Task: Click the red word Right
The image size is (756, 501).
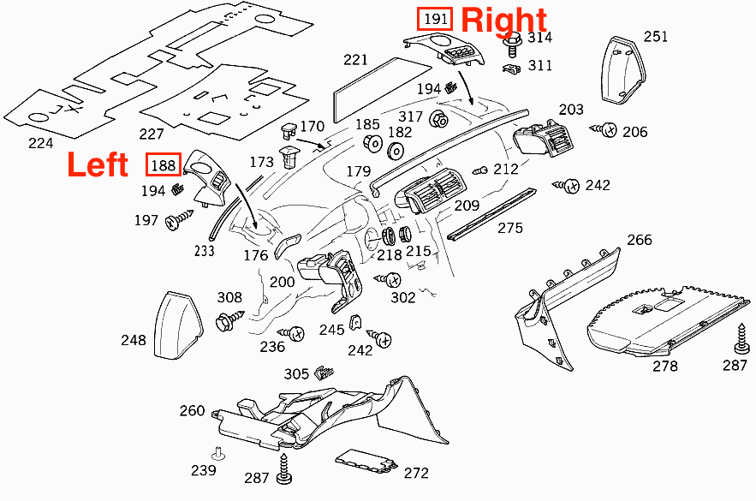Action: tap(503, 19)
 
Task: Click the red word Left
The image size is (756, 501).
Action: tap(98, 164)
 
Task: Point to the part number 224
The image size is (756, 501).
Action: tap(40, 142)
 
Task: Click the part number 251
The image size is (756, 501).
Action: tap(656, 37)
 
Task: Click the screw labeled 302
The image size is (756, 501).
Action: tap(393, 280)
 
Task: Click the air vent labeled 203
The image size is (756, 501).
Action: tap(542, 137)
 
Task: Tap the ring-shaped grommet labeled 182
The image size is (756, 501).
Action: tap(396, 152)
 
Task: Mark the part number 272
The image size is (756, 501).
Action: tap(416, 472)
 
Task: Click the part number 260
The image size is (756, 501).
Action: tap(192, 411)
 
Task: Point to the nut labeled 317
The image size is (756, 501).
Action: tap(438, 118)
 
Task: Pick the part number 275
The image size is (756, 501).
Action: tap(509, 228)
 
